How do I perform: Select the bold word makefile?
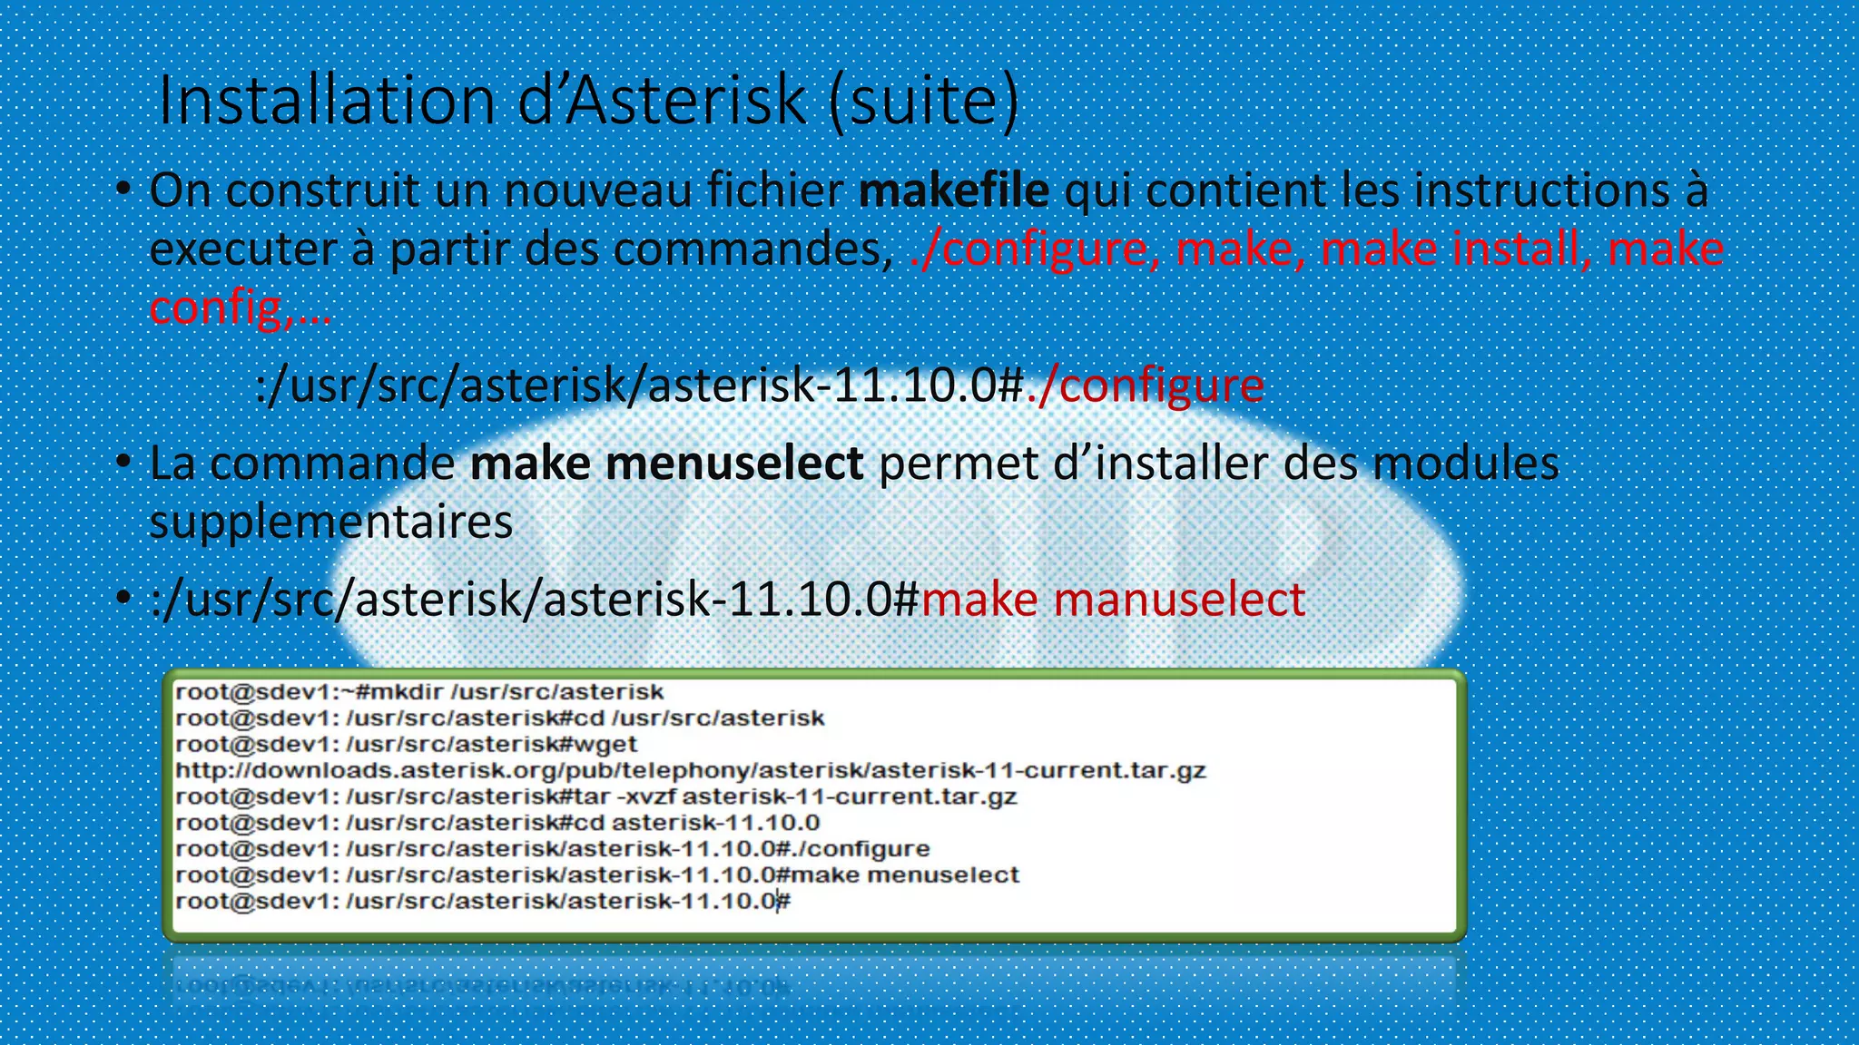(x=953, y=190)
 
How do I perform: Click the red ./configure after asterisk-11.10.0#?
(x=1146, y=385)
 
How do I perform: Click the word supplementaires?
(x=330, y=522)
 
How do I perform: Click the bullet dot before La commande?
(x=124, y=463)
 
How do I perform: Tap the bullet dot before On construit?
(x=124, y=190)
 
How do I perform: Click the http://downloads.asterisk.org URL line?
(x=690, y=771)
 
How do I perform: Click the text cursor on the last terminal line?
(x=778, y=902)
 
